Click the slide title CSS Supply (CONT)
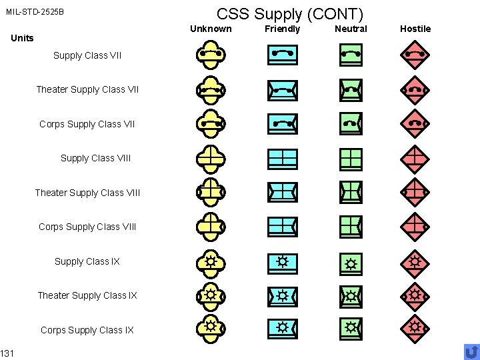pyautogui.click(x=290, y=13)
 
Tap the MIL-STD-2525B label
pyautogui.click(x=36, y=12)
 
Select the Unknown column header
pyautogui.click(x=211, y=29)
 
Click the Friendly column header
pyautogui.click(x=283, y=29)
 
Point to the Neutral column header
pyautogui.click(x=351, y=29)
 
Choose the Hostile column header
pyautogui.click(x=415, y=29)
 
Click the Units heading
pyautogui.click(x=23, y=38)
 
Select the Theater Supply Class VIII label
pyautogui.click(x=87, y=193)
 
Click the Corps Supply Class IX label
pyautogui.click(x=87, y=330)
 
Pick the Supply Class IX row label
pyautogui.click(x=87, y=261)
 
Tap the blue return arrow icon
pyautogui.click(x=471, y=351)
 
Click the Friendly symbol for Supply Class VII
pyautogui.click(x=283, y=55)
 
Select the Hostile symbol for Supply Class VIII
pyautogui.click(x=415, y=159)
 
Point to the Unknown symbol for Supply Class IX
pyautogui.click(x=211, y=262)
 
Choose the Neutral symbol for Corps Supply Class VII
pyautogui.click(x=351, y=123)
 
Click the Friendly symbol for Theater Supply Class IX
pyautogui.click(x=283, y=295)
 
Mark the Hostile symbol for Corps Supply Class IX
pyautogui.click(x=415, y=328)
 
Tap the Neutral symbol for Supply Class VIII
pyautogui.click(x=351, y=159)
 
